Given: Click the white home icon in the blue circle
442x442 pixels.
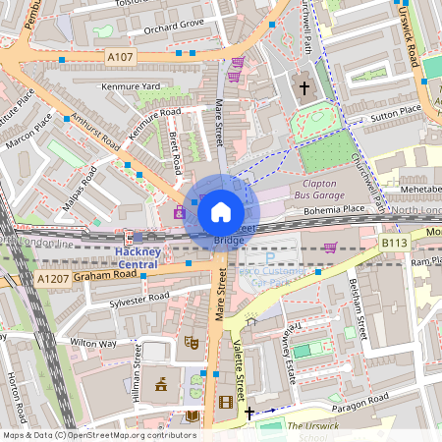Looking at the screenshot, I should [221, 210].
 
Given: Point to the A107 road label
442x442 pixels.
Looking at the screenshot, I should [120, 57].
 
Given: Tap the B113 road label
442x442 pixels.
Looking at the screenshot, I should [394, 241].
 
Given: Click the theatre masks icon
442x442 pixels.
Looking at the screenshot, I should [192, 342].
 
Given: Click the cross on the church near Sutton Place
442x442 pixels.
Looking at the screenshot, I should [304, 89].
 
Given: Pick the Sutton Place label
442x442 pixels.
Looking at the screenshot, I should [396, 116].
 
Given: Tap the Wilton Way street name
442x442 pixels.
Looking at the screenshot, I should [93, 344].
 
